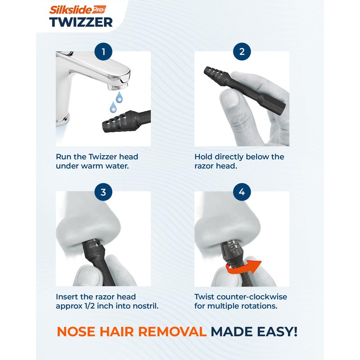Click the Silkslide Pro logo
click(x=77, y=10)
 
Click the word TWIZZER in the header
click(x=81, y=22)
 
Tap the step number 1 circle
click(x=103, y=52)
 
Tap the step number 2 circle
click(x=242, y=52)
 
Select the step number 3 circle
click(x=103, y=192)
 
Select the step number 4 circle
click(x=242, y=192)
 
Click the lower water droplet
click(x=113, y=107)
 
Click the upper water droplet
click(x=119, y=97)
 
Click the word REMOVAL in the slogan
click(x=172, y=332)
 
